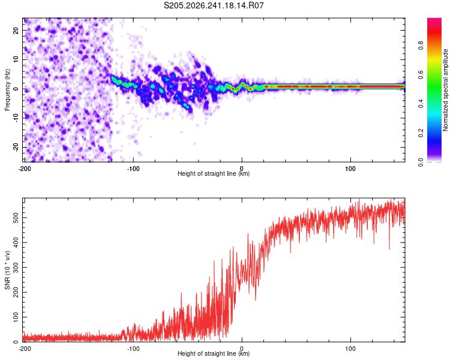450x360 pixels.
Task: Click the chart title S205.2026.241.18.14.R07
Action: [214, 5]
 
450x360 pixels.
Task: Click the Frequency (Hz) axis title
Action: [7, 90]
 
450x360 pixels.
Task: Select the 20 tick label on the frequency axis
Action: [16, 30]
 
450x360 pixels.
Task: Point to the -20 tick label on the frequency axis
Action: [16, 147]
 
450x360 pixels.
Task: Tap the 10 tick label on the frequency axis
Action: [16, 59]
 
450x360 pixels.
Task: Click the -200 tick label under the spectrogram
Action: [25, 169]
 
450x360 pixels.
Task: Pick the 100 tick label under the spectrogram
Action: [350, 169]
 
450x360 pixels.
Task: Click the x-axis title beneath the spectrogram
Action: [214, 173]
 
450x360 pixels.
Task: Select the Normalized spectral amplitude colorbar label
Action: [445, 90]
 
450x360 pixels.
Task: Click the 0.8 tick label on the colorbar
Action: [421, 46]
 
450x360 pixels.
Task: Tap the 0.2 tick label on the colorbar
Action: [421, 133]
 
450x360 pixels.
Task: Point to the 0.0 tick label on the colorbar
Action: [421, 162]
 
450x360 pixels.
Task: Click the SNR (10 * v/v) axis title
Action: [7, 270]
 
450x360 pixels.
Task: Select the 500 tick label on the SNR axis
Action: [16, 218]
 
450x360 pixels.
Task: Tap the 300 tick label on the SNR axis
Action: [16, 267]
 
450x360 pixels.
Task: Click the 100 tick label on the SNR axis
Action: [16, 317]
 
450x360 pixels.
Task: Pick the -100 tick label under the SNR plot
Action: [133, 349]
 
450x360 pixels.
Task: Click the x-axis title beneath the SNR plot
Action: [214, 353]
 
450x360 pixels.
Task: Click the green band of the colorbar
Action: [434, 89]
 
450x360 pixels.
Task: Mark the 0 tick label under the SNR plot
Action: [242, 349]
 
